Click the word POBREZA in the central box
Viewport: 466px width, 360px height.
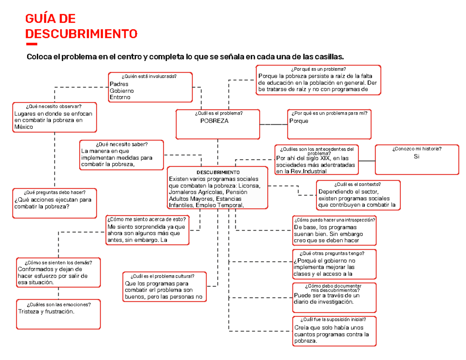214,121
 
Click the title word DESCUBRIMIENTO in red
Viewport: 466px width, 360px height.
81,33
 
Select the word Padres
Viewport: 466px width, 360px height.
119,84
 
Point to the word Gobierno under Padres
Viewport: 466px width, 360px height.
122,90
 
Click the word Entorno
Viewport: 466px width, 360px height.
120,97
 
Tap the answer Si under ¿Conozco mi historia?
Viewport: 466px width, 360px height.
417,157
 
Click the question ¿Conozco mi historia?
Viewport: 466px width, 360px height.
417,149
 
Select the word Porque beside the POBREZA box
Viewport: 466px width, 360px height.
299,121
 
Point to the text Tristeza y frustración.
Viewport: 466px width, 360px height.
45,312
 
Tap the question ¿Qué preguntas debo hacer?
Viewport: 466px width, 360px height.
54,192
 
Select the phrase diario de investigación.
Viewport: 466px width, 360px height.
324,302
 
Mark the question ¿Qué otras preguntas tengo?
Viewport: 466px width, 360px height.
334,253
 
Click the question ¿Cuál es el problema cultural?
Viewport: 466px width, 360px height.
163,276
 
